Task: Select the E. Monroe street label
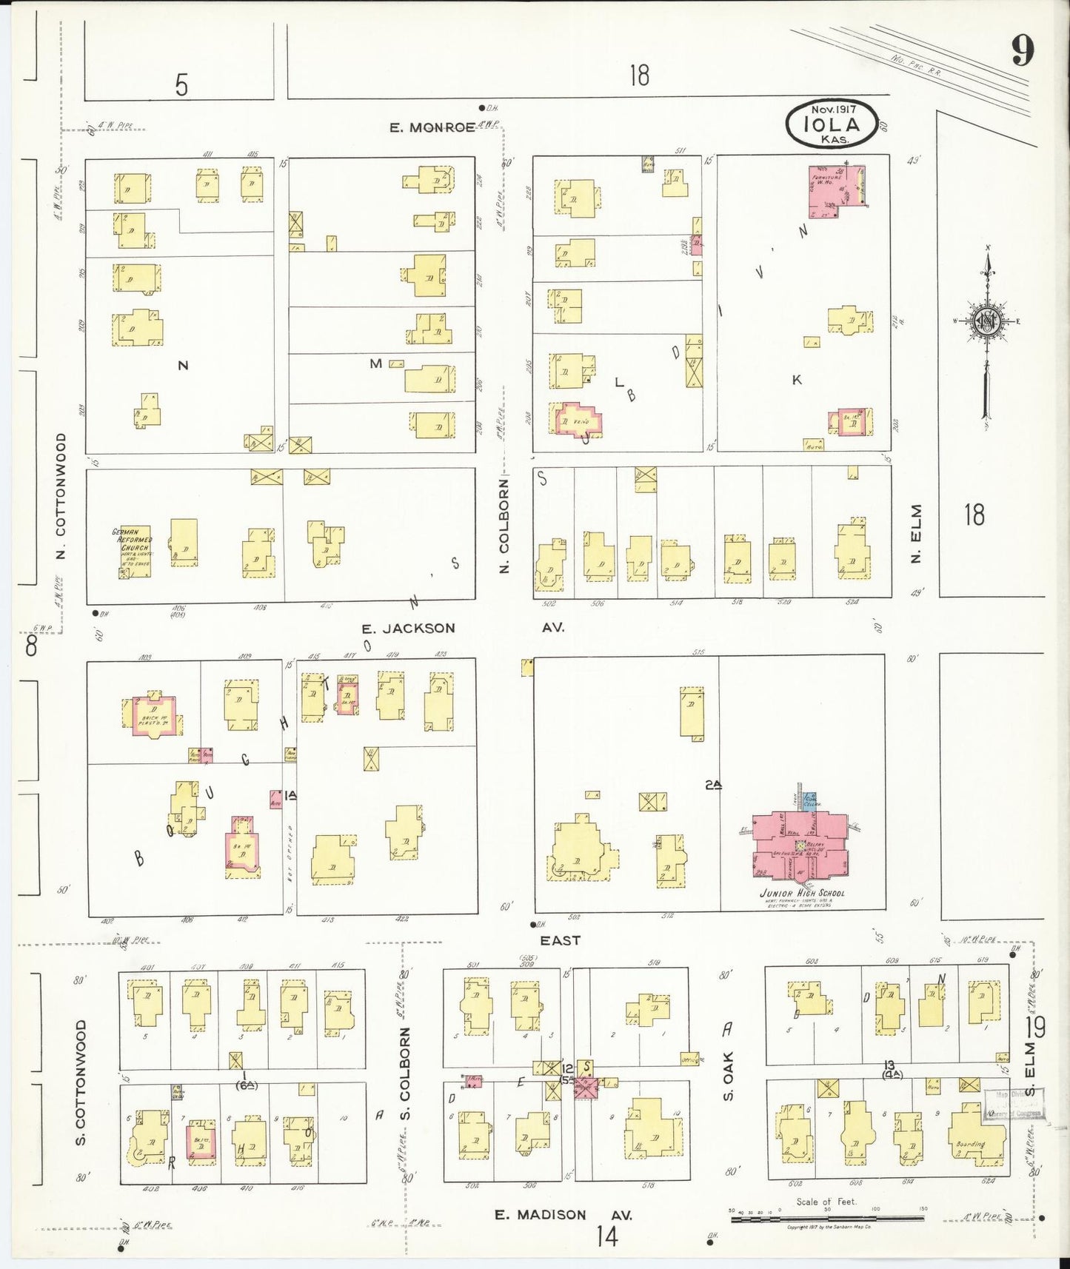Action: pos(432,127)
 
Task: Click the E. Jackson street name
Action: pos(408,629)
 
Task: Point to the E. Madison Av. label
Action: pos(563,1215)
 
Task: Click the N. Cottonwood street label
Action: pos(61,496)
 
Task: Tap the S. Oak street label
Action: pos(728,1075)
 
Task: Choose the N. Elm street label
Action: pos(917,534)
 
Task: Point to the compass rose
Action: pos(987,322)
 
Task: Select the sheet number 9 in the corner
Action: pos(1022,52)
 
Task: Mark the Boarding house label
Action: pos(970,1144)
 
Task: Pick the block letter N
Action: pos(183,365)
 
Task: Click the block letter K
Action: pos(797,380)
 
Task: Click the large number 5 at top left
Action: pos(181,86)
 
